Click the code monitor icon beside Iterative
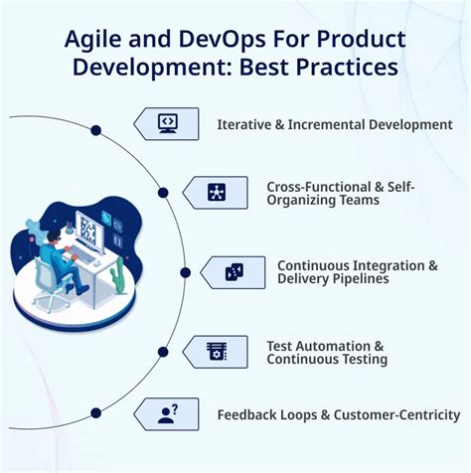pos(168,123)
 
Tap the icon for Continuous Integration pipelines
pos(235,271)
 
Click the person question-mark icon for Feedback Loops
pos(168,413)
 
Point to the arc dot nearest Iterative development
pos(96,130)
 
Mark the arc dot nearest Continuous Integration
pos(185,271)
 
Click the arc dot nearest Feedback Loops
pos(96,412)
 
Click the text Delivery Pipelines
pos(333,279)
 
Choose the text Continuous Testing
pos(327,359)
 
